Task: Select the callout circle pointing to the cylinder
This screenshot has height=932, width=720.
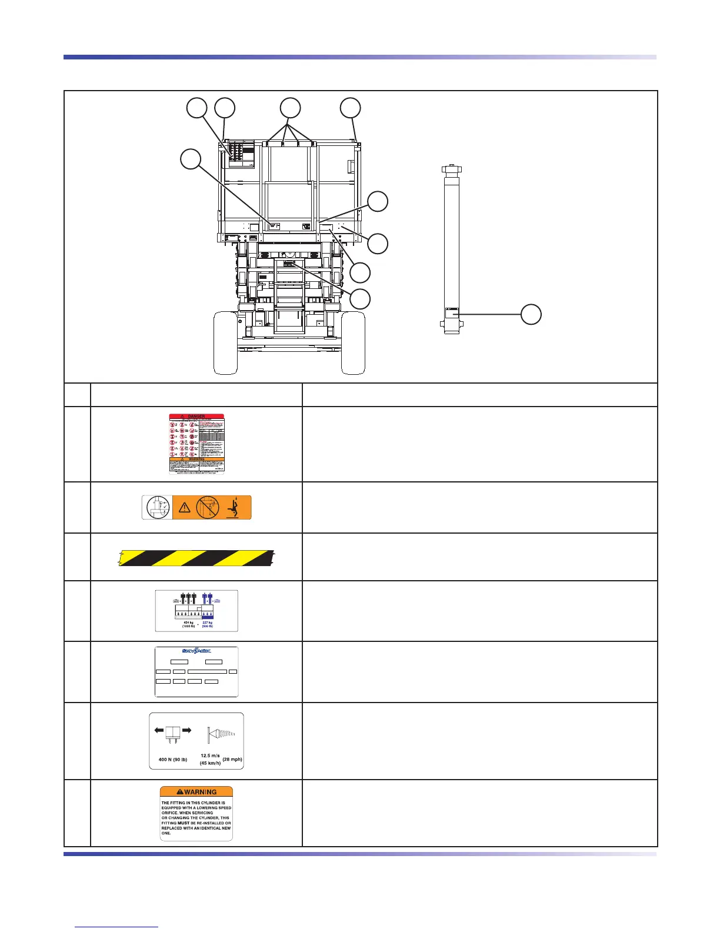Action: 531,314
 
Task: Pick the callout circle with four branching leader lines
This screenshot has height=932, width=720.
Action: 290,108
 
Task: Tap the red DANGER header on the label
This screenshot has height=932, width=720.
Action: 197,416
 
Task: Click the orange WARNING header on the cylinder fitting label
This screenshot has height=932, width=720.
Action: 196,791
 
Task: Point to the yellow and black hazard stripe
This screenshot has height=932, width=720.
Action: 196,557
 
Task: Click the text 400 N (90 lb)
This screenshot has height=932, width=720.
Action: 173,759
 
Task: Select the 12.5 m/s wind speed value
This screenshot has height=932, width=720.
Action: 210,755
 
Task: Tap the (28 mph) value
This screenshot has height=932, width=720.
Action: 232,759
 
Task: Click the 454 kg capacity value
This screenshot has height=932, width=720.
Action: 188,621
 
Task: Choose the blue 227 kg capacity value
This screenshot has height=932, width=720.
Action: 207,621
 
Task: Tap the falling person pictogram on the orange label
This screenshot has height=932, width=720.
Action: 236,507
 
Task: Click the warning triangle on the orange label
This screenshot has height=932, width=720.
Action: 184,508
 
